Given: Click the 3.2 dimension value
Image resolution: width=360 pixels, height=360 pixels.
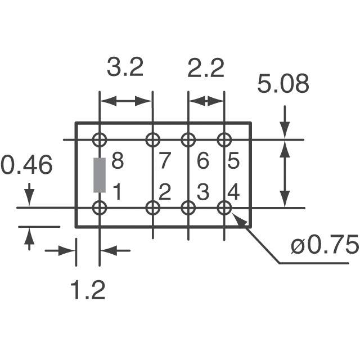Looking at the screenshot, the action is click(125, 67).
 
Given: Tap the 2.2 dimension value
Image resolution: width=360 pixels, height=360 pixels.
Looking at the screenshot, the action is click(206, 68).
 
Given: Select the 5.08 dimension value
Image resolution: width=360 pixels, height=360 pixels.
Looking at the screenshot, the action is click(283, 84).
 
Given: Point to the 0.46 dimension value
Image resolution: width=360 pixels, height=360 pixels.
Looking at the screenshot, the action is click(26, 165).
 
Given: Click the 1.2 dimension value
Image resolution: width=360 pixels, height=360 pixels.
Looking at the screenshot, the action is click(88, 290).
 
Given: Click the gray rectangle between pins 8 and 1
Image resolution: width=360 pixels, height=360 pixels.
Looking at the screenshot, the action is click(100, 175).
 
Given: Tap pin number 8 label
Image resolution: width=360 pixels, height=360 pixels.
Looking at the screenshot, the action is click(118, 161).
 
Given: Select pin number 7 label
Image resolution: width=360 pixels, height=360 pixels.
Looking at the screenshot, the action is click(165, 161).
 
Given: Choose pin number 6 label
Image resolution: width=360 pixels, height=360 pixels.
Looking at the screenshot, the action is click(203, 161).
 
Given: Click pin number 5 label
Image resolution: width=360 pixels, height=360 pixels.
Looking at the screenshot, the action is click(234, 161).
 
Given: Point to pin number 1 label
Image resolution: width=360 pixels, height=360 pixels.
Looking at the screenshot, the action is click(117, 192).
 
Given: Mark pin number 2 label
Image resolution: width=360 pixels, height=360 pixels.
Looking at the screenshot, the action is click(165, 192).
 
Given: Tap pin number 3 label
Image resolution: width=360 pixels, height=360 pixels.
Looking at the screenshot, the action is click(203, 192).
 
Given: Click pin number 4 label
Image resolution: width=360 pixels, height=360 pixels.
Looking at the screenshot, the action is click(234, 192).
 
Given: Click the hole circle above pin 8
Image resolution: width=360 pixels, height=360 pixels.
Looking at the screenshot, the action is click(100, 133).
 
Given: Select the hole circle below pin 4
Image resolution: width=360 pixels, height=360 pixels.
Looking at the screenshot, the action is click(224, 201).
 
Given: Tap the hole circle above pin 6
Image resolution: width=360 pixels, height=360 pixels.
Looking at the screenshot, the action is click(188, 133).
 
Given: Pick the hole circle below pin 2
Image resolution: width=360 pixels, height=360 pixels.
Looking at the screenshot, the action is click(153, 201).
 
